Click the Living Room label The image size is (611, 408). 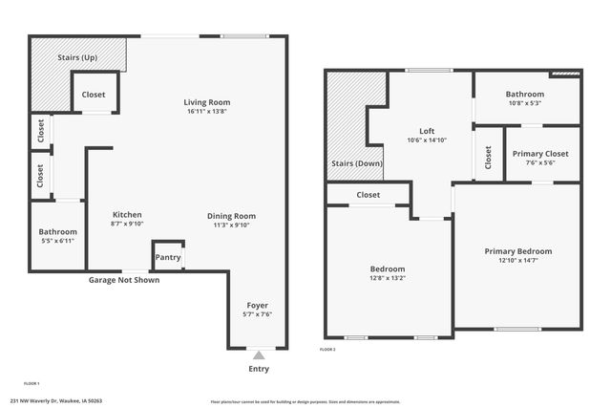point(207,102)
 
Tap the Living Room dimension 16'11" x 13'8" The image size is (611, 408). point(207,113)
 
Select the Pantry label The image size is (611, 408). point(167,258)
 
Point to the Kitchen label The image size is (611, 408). point(127,214)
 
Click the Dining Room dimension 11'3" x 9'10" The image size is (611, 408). point(232,225)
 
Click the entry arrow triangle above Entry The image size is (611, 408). point(258,355)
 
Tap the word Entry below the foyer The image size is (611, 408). point(258,369)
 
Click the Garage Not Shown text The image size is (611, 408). point(124,280)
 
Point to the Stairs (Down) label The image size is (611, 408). point(355,163)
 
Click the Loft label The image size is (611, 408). point(427,131)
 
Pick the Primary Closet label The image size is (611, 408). point(540,153)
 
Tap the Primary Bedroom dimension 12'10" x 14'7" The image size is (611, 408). point(517,261)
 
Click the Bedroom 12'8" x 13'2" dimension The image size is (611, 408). point(388,279)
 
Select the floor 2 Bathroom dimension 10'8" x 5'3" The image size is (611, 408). point(525,104)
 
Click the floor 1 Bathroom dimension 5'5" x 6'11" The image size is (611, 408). point(57,242)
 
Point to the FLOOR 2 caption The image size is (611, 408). point(327,351)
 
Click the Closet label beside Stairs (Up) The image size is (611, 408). point(94,95)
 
